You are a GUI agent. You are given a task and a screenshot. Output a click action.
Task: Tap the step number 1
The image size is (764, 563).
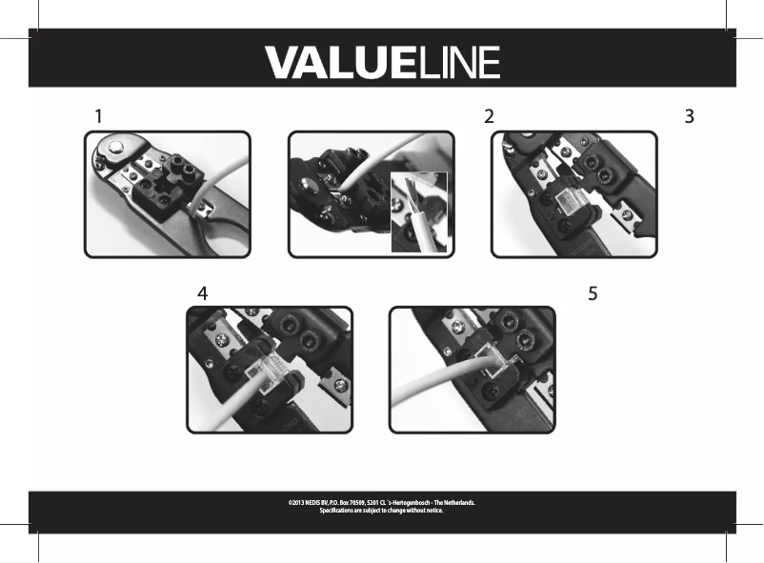pos(98,116)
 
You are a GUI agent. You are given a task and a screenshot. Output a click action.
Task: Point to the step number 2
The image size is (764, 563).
pos(489,116)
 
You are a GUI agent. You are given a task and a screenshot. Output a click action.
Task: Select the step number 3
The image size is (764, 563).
pos(689,116)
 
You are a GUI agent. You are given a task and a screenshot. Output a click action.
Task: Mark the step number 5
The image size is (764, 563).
pos(593,293)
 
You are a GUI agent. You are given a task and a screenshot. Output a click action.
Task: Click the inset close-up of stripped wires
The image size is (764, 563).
pos(419,211)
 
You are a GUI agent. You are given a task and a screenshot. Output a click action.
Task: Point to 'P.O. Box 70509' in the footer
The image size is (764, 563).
pos(349,502)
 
